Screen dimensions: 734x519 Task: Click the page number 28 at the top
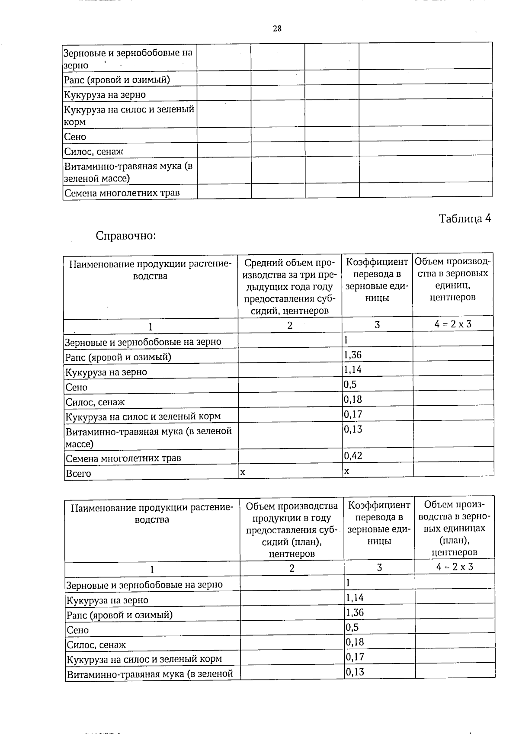click(277, 29)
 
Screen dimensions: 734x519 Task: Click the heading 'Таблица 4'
click(465, 218)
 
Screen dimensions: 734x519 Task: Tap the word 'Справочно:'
click(125, 236)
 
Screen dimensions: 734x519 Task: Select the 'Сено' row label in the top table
click(75, 137)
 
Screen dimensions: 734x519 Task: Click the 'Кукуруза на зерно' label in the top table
click(105, 95)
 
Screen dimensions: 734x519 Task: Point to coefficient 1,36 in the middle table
click(352, 355)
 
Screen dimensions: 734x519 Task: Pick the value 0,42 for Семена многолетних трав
click(353, 455)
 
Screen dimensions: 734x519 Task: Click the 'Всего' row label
click(78, 473)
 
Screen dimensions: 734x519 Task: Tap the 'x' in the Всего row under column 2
click(243, 472)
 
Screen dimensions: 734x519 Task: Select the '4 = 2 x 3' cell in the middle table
click(453, 324)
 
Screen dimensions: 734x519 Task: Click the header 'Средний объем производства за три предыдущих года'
click(289, 286)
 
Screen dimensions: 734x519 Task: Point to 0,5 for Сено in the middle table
click(350, 385)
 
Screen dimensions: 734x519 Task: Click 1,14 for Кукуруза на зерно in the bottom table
click(355, 598)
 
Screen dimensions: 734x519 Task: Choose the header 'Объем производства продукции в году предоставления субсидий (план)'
click(292, 529)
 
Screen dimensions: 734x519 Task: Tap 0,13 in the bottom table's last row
click(355, 672)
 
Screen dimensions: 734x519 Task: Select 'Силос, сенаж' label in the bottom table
click(96, 644)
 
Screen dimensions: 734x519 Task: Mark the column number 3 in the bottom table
click(379, 567)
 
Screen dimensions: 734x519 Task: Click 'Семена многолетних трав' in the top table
click(122, 193)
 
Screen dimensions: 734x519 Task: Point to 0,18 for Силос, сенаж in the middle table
click(353, 399)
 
